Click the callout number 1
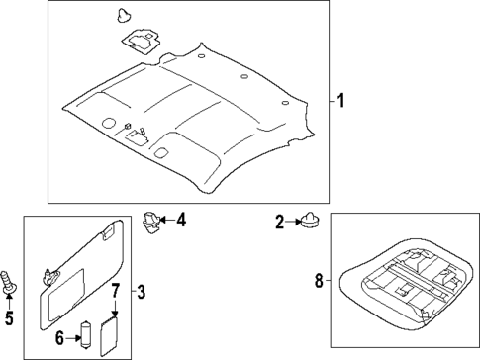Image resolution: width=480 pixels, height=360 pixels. coord(339,101)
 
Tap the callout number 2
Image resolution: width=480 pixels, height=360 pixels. coord(280,222)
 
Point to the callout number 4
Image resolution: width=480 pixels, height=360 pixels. coord(180,221)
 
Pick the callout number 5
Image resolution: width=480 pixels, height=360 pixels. coord(10,317)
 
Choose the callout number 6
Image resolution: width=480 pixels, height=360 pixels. coord(60,338)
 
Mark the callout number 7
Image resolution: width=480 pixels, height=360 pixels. coord(115,291)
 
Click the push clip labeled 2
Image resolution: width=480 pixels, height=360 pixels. coord(309,222)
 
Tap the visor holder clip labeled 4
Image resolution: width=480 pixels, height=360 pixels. coord(151,223)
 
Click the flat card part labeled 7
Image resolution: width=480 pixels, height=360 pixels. coord(112,329)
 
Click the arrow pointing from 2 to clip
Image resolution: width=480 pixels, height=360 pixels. coord(293,222)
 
